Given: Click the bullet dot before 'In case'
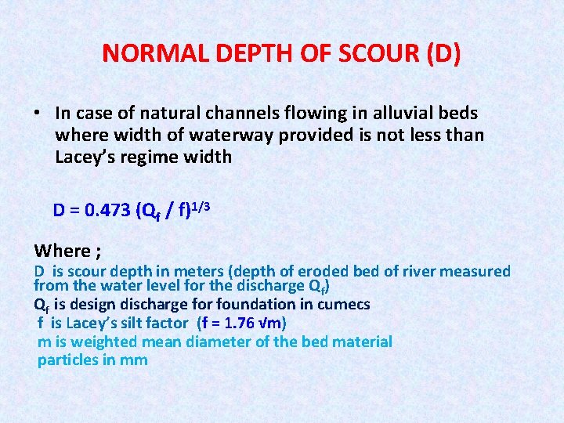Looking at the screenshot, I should click(x=38, y=114).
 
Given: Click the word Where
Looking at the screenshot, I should click(x=63, y=251).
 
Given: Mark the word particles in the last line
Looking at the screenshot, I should click(x=69, y=360).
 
